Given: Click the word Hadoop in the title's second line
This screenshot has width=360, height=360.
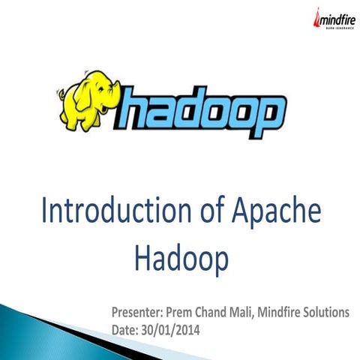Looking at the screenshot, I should (181, 259).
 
